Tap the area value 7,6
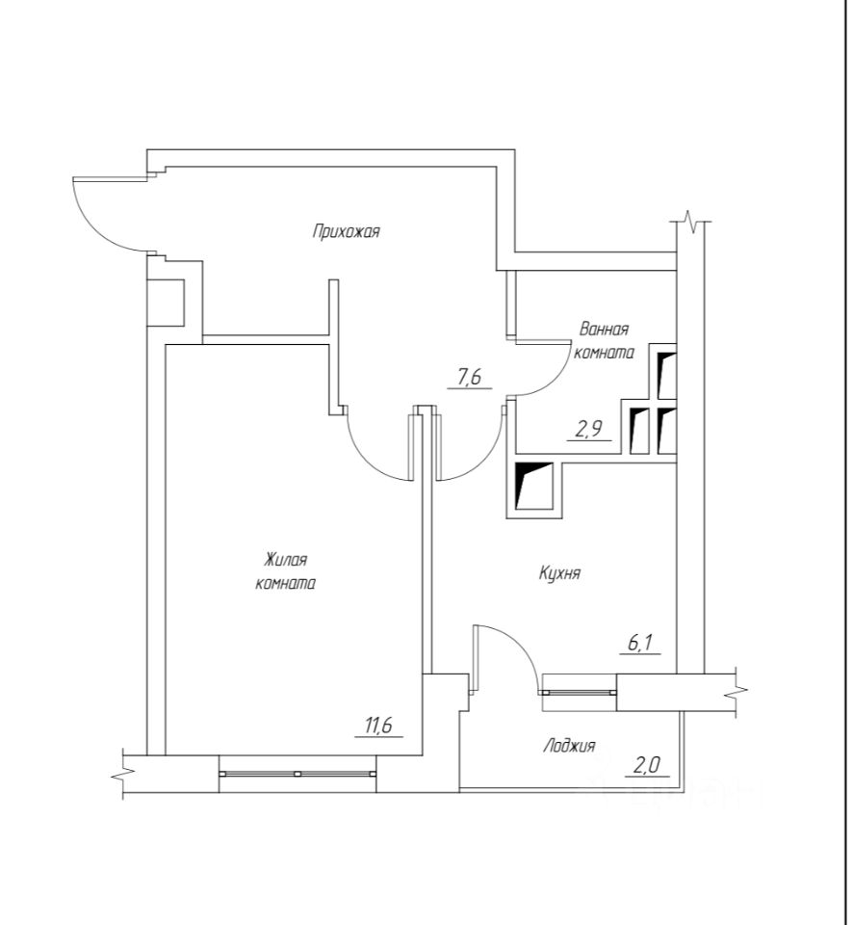click(469, 378)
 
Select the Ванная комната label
click(604, 341)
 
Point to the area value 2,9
click(588, 430)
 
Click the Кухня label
click(559, 573)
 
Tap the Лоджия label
click(569, 745)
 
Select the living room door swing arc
click(374, 458)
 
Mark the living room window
click(297, 773)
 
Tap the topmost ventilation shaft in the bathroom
click(665, 371)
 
